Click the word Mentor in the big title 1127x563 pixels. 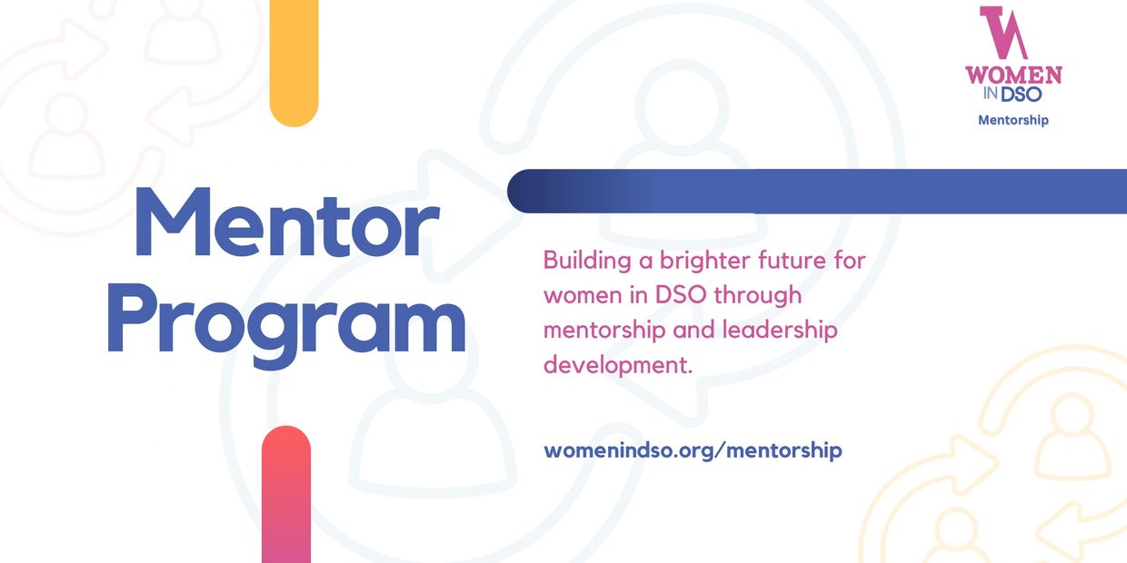click(287, 222)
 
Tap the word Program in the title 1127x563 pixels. click(287, 325)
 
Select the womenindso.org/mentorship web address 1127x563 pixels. click(693, 449)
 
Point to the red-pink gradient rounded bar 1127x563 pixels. click(286, 494)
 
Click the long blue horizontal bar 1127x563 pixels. click(817, 191)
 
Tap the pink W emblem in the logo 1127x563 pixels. click(1003, 33)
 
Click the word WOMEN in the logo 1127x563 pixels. click(1013, 74)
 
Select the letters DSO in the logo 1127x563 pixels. click(1022, 94)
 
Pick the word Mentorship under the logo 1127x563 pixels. click(1013, 120)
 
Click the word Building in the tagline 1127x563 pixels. click(587, 261)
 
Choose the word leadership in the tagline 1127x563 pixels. click(780, 331)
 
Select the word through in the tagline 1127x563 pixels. click(758, 296)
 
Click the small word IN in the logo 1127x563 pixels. click(991, 93)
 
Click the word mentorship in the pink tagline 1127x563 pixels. click(604, 331)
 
